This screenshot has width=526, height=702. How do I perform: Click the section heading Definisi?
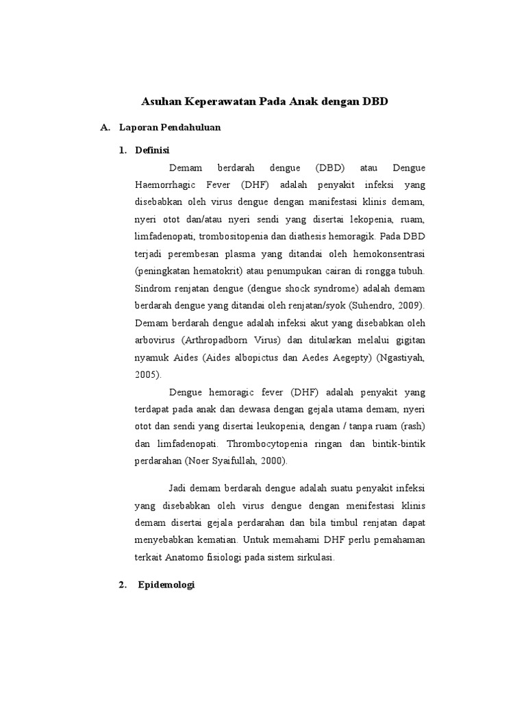(x=153, y=150)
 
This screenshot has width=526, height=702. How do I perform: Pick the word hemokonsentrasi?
(x=386, y=254)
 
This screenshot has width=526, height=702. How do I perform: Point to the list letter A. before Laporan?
(x=105, y=128)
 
